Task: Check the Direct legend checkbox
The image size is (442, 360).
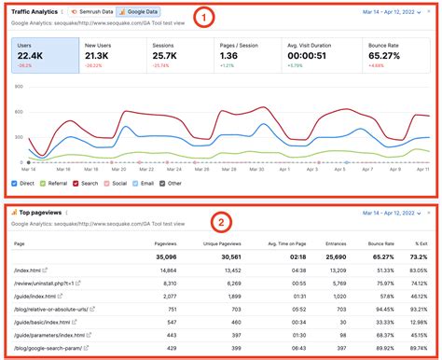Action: point(15,183)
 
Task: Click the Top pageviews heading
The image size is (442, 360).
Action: point(39,213)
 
